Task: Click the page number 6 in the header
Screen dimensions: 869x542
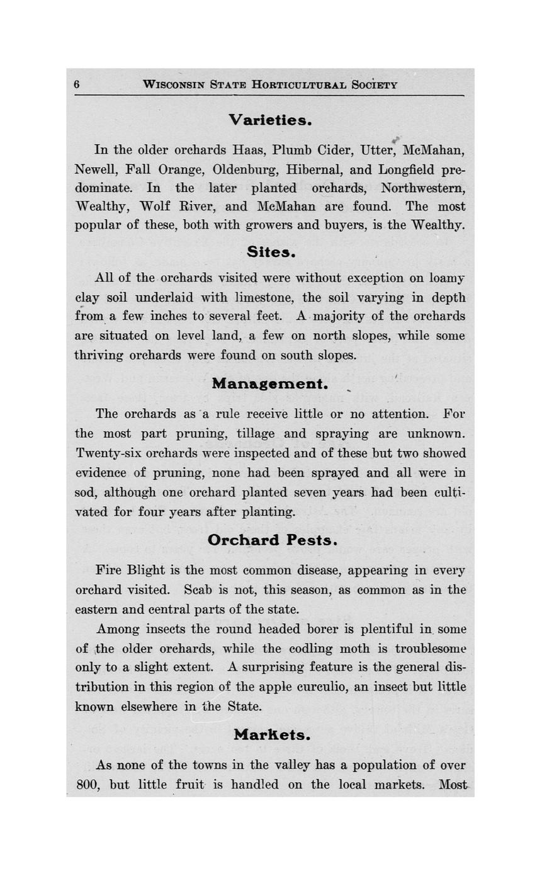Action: pyautogui.click(x=77, y=84)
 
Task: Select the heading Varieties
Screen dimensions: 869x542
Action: pyautogui.click(x=270, y=120)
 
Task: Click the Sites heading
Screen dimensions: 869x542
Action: pyautogui.click(x=271, y=252)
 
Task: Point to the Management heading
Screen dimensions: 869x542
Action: pyautogui.click(x=269, y=383)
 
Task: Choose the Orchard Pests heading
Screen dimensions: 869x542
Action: pyautogui.click(x=273, y=540)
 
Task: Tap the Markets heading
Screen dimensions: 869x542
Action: pyautogui.click(x=272, y=735)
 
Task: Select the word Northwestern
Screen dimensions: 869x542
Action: pyautogui.click(x=422, y=188)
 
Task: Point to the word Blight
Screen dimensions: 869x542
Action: pyautogui.click(x=146, y=571)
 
